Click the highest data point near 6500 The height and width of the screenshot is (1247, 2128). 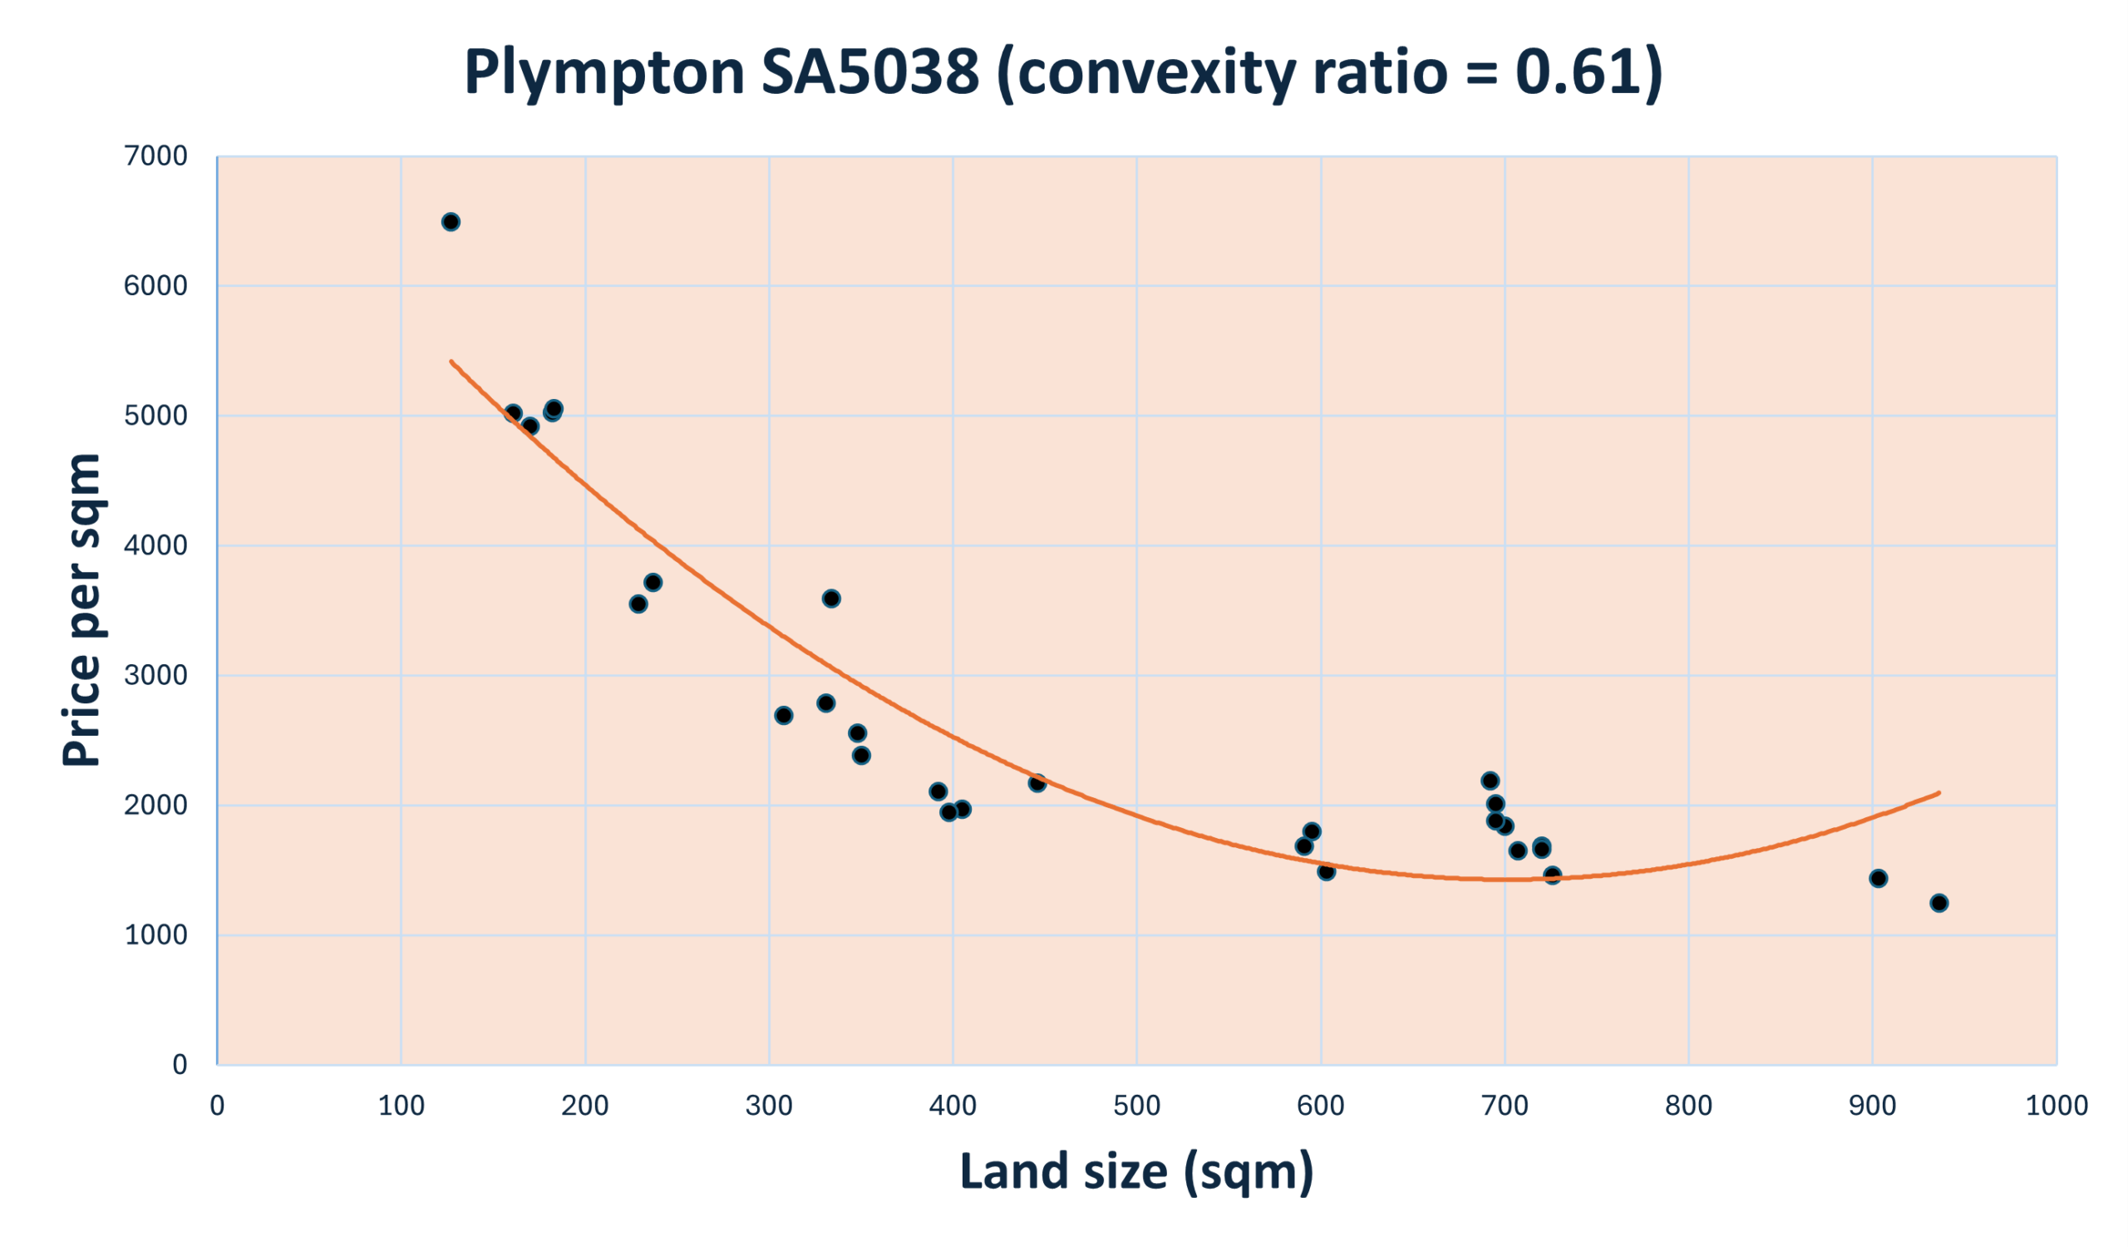(451, 222)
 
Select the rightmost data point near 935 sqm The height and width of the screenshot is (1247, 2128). (1938, 904)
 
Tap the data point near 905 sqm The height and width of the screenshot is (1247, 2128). (1878, 879)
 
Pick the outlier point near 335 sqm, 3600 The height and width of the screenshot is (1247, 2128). (831, 599)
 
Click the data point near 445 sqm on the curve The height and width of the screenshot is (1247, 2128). (1037, 782)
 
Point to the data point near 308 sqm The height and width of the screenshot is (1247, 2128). (784, 715)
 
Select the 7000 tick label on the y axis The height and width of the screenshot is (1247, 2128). (155, 156)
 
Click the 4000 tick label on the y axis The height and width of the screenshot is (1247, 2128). (155, 545)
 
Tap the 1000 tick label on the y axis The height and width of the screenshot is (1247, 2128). (155, 934)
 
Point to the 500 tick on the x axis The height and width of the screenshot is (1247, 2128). (1136, 1105)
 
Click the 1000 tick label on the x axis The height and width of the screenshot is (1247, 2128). (2057, 1105)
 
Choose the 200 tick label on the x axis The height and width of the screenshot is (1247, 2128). (585, 1105)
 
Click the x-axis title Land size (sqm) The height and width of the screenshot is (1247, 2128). (1136, 1172)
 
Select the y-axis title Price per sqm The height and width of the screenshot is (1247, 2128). (82, 610)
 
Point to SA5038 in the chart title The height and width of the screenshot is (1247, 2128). (869, 72)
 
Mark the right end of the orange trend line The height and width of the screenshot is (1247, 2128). (1938, 793)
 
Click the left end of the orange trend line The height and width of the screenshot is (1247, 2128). (451, 362)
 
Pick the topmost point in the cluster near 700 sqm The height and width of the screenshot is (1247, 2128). (1490, 780)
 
